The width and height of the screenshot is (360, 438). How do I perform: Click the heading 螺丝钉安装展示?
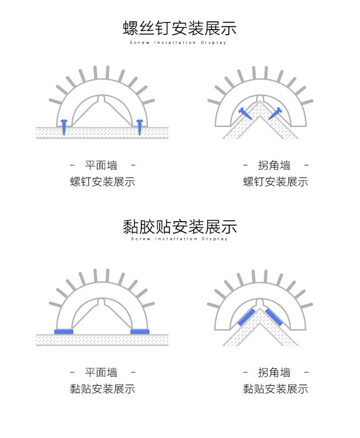click(179, 28)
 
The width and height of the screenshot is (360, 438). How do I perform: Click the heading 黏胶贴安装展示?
click(179, 226)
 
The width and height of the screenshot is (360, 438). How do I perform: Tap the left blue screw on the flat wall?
click(64, 126)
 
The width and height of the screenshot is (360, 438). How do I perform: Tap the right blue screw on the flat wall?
click(139, 126)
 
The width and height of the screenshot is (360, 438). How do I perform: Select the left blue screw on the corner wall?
click(245, 113)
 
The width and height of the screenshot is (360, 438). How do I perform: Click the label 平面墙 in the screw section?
click(102, 165)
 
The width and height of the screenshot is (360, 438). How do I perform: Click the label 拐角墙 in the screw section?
click(275, 165)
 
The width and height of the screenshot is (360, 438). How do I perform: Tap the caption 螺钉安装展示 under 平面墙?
click(102, 182)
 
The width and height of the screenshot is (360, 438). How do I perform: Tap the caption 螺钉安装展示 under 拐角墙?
click(275, 182)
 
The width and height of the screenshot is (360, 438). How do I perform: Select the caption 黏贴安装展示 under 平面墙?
click(102, 389)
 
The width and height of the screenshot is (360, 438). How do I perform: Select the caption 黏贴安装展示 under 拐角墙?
click(275, 389)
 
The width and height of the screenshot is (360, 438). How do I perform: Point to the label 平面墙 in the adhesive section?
click(102, 373)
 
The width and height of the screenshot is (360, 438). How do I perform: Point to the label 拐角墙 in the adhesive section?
click(275, 373)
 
